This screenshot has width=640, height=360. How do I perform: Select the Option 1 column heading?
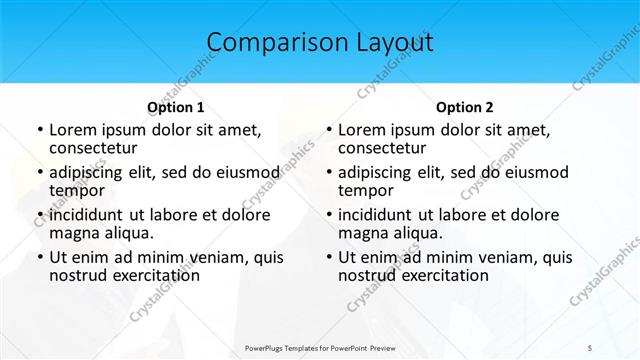[176, 107]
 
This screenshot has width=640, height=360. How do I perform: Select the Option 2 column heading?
[465, 107]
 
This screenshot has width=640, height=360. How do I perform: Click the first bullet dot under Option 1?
[39, 130]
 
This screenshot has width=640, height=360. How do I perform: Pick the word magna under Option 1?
[73, 232]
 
